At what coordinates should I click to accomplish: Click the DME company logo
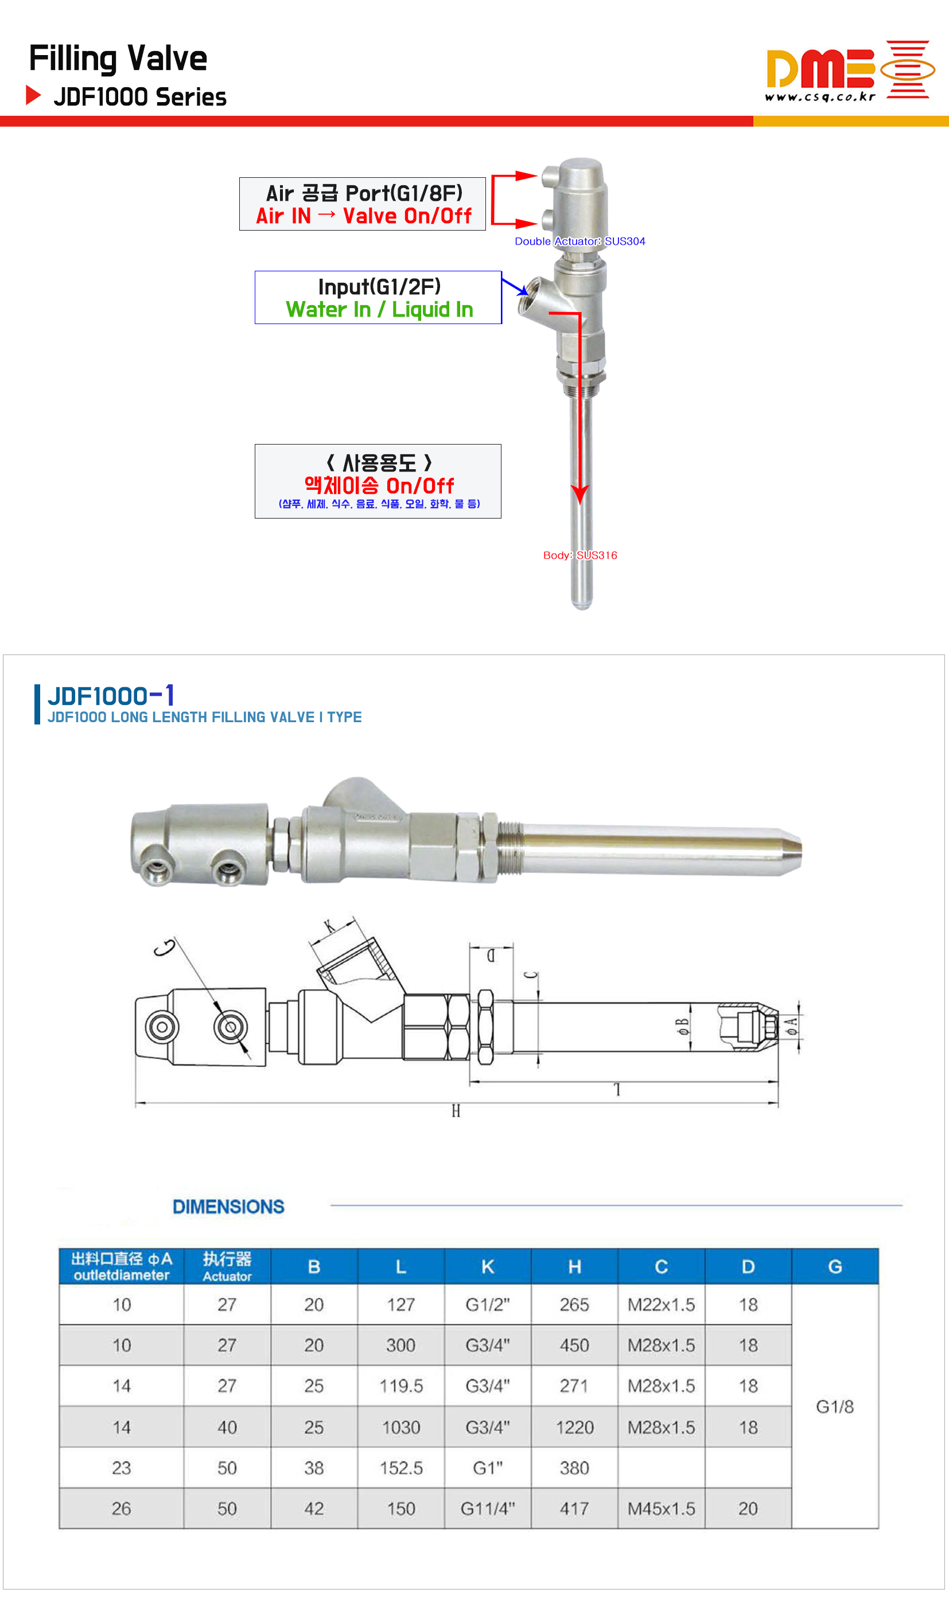pos(850,71)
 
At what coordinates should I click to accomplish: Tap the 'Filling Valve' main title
pos(118,59)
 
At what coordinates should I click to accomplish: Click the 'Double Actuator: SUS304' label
pos(580,241)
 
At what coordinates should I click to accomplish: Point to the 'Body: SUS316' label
pos(580,555)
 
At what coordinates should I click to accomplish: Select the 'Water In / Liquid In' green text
pos(379,309)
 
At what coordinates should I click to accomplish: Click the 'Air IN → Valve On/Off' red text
pos(363,216)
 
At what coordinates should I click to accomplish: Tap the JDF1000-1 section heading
pos(111,695)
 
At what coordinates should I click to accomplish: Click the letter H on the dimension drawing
pos(456,1111)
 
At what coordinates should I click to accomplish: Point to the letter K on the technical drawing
pos(329,926)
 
